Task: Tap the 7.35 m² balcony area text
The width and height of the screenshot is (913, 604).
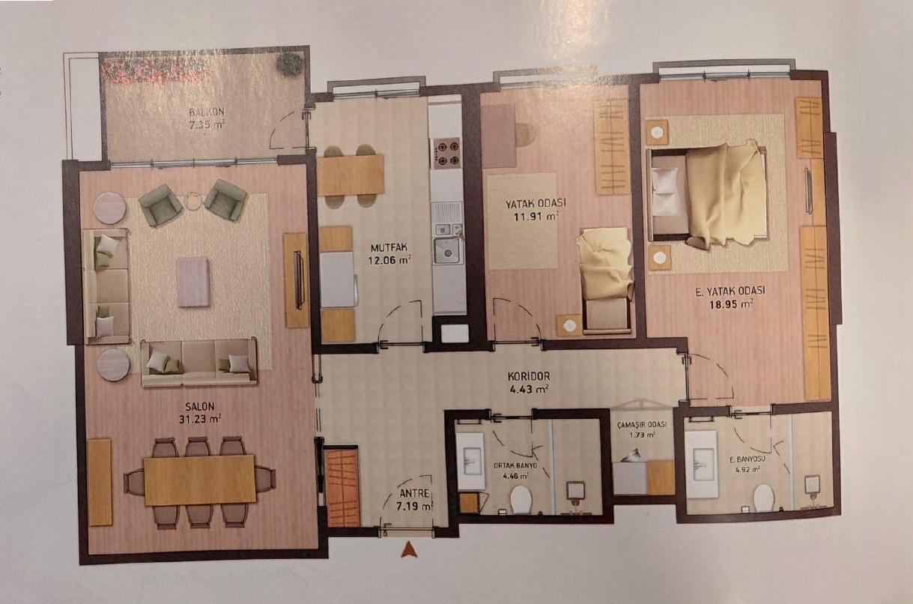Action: [x=207, y=125]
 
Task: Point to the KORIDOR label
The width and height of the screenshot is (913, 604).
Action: [x=529, y=376]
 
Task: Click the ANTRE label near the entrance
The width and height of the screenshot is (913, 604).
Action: [x=414, y=494]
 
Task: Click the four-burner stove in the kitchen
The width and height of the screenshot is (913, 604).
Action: [x=446, y=153]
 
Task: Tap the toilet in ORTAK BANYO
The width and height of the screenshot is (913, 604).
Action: [x=521, y=498]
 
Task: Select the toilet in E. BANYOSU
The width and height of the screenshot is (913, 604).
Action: [x=763, y=498]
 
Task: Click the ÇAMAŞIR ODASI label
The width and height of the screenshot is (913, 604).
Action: [x=642, y=425]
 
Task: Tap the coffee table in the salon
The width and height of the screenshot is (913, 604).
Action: [x=193, y=282]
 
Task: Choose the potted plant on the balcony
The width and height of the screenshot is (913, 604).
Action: [x=290, y=64]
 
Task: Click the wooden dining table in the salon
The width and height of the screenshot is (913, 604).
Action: [x=200, y=480]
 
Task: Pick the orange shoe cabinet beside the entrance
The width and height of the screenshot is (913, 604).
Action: [x=342, y=486]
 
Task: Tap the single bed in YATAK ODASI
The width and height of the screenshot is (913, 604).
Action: [x=606, y=280]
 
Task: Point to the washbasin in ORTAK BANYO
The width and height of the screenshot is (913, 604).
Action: [x=470, y=461]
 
